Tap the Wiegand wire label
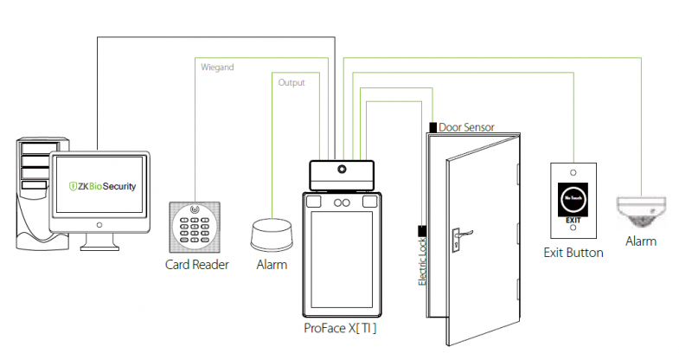coord(217,66)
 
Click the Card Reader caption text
coord(196,265)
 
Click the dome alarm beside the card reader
coord(272,235)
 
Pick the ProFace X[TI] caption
coord(340,329)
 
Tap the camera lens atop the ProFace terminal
coord(343,170)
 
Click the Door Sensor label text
coord(466,127)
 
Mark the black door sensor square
coord(432,127)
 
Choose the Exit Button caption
coord(573,254)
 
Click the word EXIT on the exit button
coord(573,222)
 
